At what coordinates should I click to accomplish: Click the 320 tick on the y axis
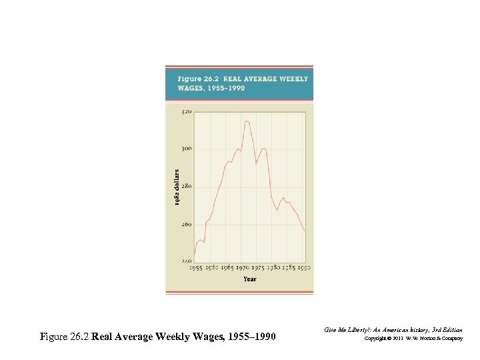coord(185,112)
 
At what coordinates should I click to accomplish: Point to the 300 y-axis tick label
coord(185,149)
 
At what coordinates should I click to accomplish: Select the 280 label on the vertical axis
coord(185,187)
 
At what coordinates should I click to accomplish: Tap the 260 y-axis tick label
coord(185,225)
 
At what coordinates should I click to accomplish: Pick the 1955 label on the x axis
coord(196,267)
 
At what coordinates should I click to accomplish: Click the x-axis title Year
coord(249,279)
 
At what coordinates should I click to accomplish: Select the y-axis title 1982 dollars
coord(177,187)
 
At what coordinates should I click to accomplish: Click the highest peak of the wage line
coord(247,121)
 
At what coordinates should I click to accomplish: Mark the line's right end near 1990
coord(305,231)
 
